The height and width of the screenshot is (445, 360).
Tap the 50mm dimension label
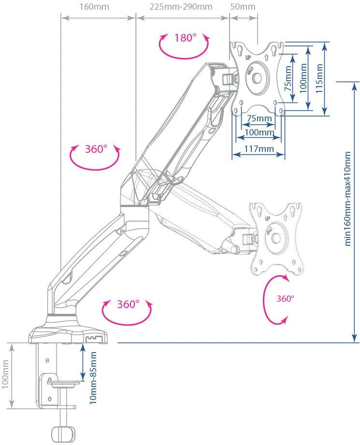click(243, 7)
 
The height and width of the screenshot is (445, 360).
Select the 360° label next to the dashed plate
click(285, 298)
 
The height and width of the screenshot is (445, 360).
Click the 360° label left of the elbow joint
click(96, 149)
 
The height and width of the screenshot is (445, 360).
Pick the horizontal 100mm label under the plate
click(258, 132)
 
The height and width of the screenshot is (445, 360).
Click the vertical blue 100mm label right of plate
click(303, 77)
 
